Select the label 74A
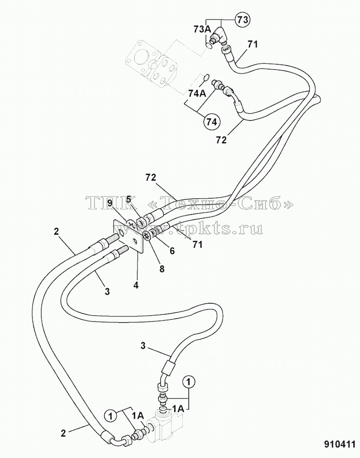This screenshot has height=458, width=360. coord(197,94)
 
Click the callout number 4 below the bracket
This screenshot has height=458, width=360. coord(136,285)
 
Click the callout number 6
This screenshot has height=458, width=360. coord(172,251)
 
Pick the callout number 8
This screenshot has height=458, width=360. coord(162,269)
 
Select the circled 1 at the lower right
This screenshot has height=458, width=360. coord(189,382)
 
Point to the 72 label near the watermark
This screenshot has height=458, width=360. coord(150,177)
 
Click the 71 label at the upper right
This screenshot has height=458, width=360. coord(252,44)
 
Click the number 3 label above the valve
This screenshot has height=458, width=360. coord(143,346)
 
